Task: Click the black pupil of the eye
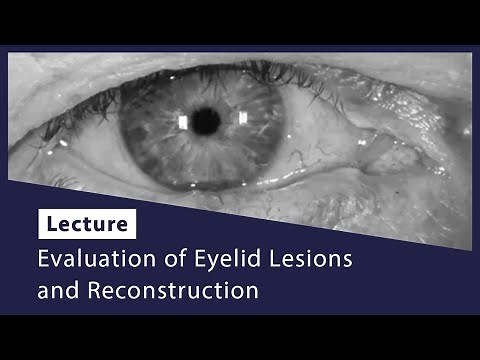click(x=206, y=121)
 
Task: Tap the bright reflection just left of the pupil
click(x=183, y=123)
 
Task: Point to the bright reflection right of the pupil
click(x=242, y=118)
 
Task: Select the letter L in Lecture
click(x=49, y=223)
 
